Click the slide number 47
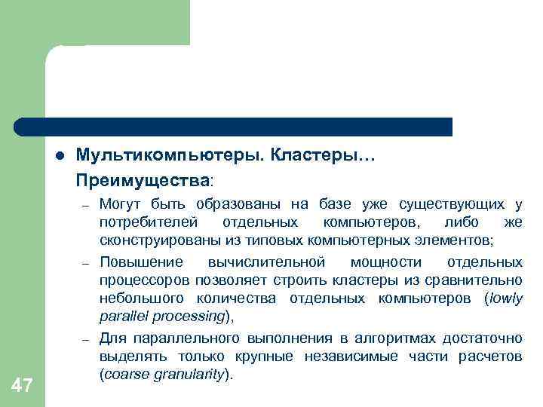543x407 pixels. [x=22, y=387]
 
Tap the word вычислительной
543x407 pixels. [x=265, y=262]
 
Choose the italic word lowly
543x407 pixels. [x=505, y=298]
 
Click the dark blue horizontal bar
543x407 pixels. [x=234, y=127]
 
